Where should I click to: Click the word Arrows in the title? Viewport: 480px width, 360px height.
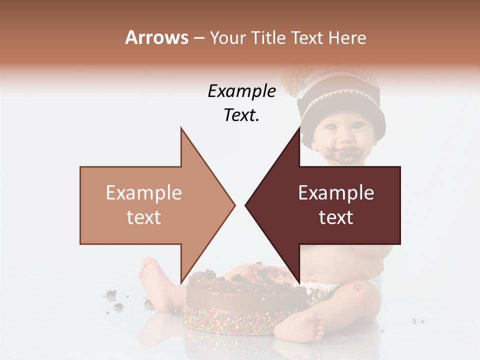click(x=156, y=37)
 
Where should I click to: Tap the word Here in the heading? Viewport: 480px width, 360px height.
click(x=347, y=37)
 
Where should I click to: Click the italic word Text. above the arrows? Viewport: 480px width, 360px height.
click(x=241, y=115)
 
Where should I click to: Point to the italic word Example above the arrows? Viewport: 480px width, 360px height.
click(x=241, y=91)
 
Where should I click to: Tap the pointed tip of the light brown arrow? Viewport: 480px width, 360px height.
click(x=234, y=205)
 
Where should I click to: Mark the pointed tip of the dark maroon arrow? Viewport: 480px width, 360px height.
click(x=246, y=205)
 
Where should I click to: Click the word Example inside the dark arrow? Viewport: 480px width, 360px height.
click(x=336, y=193)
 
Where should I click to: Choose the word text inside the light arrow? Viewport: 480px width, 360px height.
click(x=144, y=217)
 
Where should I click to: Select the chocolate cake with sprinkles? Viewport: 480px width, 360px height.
click(x=230, y=305)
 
